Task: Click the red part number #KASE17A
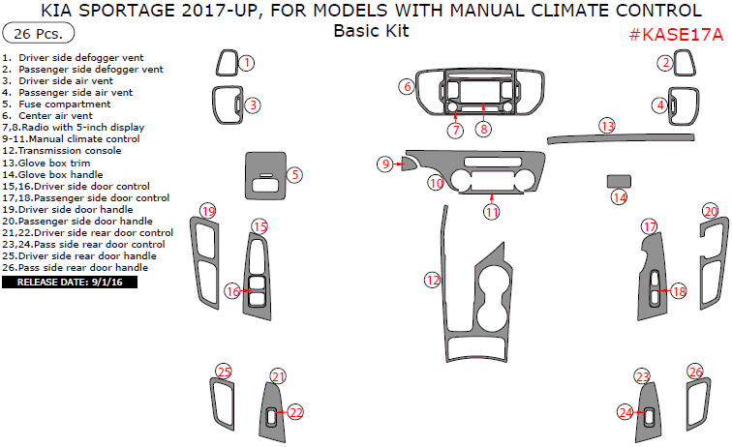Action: click(x=676, y=35)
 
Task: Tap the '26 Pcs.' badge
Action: click(x=39, y=34)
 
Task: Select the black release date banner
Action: click(x=70, y=283)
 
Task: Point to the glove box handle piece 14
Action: click(x=619, y=181)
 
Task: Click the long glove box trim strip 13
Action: click(x=621, y=138)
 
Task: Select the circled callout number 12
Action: click(x=432, y=280)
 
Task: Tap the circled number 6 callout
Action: click(x=407, y=87)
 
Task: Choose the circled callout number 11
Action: click(x=492, y=212)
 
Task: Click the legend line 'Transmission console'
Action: click(x=62, y=151)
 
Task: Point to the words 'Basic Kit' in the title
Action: click(x=371, y=31)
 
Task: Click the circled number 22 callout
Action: click(x=296, y=412)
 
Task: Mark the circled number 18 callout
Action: click(x=679, y=291)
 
